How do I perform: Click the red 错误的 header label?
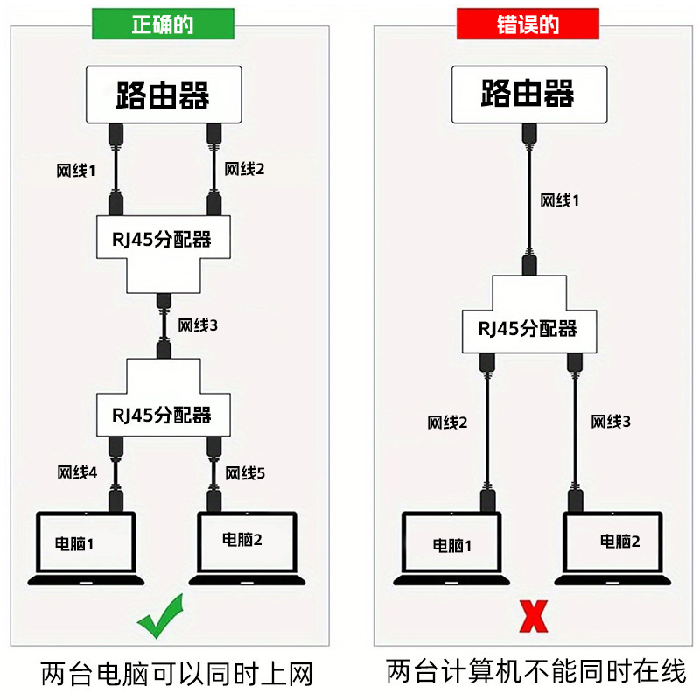pos(528,24)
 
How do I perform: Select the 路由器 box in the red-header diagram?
pos(527,96)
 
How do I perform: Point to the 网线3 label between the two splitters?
pos(198,325)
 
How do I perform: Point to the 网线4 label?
pos(77,473)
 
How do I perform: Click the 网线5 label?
pos(245,473)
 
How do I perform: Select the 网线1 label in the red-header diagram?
pos(560,200)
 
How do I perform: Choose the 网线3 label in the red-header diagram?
pos(611,422)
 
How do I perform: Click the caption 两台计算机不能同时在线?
pos(535,671)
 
